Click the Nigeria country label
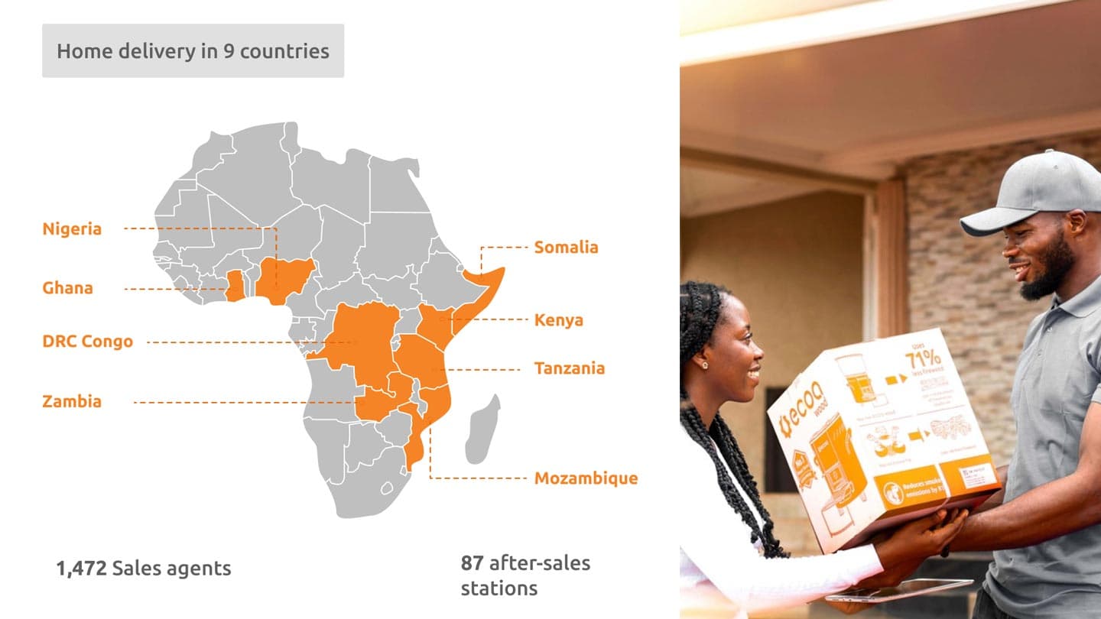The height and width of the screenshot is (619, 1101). [72, 228]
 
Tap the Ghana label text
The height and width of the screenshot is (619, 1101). [67, 288]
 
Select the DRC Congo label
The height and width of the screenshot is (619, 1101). [87, 341]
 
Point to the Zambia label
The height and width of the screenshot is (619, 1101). [72, 401]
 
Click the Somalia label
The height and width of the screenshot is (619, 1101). [566, 247]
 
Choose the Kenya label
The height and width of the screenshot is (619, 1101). [558, 319]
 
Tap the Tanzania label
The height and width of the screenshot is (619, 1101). [569, 368]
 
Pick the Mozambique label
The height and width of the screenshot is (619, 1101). [586, 478]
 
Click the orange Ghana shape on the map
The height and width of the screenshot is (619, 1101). [235, 286]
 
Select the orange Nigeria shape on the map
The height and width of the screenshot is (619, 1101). [284, 278]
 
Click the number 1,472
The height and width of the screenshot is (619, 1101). [82, 569]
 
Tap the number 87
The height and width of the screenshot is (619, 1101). [472, 563]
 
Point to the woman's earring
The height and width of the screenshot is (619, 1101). [703, 365]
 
